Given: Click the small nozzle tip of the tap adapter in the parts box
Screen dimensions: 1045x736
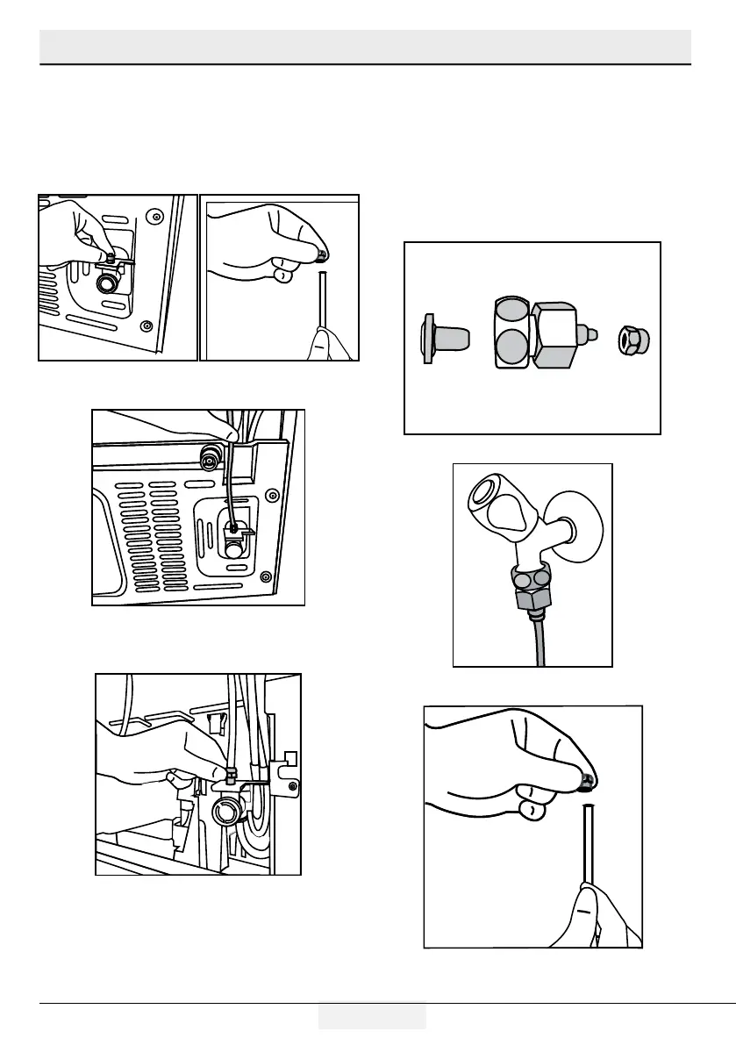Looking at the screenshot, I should pyautogui.click(x=593, y=334).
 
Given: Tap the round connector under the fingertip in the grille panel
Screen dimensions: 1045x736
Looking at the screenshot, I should pyautogui.click(x=211, y=455).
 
